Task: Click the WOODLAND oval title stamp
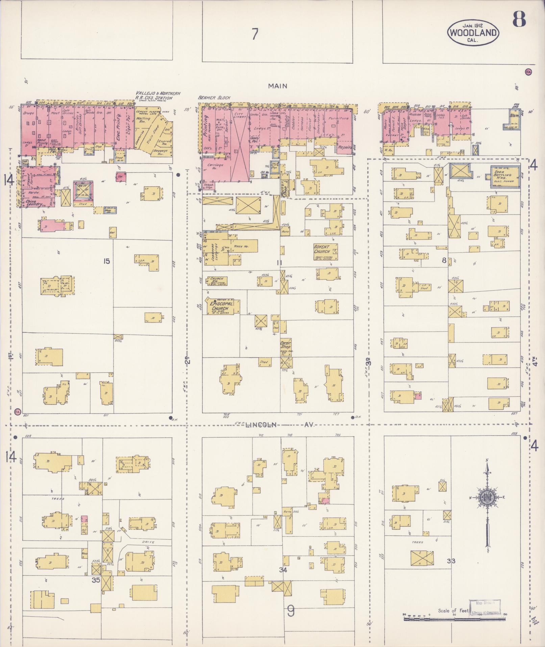pyautogui.click(x=473, y=32)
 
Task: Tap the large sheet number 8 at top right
pyautogui.click(x=519, y=19)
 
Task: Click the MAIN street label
pyautogui.click(x=278, y=86)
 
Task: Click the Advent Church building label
pyautogui.click(x=321, y=249)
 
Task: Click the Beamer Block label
pyautogui.click(x=214, y=98)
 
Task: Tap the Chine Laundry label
pyautogui.click(x=33, y=204)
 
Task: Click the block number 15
pyautogui.click(x=106, y=261)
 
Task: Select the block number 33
pyautogui.click(x=451, y=561)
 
